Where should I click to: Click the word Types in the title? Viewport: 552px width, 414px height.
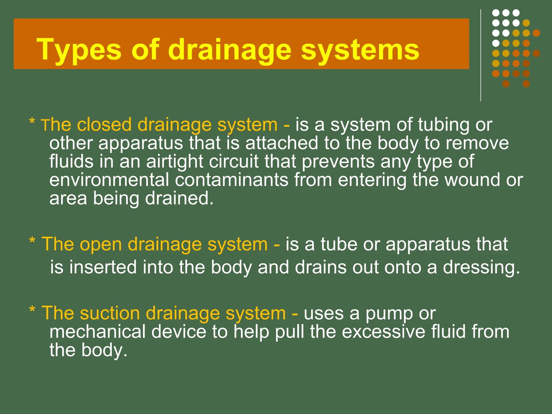79,50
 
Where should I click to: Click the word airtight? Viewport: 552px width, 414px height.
174,161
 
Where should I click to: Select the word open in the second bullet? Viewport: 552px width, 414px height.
101,244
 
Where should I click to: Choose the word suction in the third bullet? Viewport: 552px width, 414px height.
110,313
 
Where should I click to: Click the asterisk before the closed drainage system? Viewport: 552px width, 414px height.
32,122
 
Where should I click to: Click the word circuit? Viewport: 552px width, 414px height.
234,161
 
